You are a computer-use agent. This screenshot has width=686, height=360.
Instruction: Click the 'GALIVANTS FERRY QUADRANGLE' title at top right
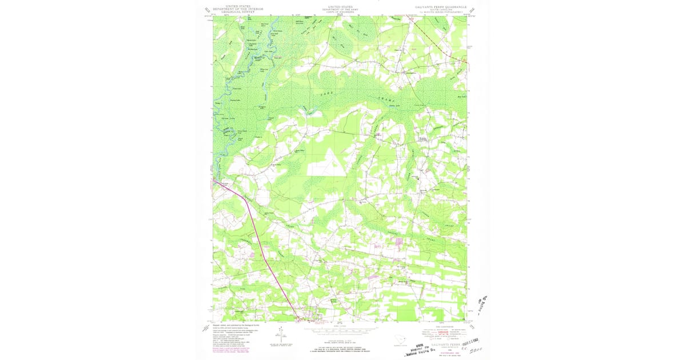[x=441, y=7]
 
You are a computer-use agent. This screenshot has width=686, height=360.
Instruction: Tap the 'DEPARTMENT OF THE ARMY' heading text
[x=341, y=9]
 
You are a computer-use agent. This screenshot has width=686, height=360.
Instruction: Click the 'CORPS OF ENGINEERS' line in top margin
[x=341, y=12]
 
